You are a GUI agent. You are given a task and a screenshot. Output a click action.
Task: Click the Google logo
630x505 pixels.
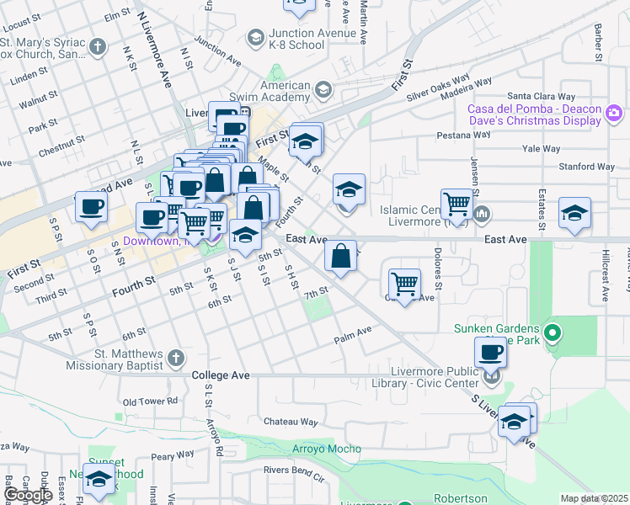tap(27, 496)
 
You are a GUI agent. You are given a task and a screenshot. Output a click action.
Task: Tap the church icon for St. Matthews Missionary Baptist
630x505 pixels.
tap(176, 359)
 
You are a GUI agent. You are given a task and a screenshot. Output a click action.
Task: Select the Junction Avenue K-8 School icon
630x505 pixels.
tap(254, 38)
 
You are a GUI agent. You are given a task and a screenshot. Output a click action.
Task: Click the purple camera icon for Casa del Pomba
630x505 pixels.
tap(613, 113)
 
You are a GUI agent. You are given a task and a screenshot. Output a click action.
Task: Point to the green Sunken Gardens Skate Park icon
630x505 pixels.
tap(553, 334)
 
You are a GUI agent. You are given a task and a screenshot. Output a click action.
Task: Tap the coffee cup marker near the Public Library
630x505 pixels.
tap(490, 353)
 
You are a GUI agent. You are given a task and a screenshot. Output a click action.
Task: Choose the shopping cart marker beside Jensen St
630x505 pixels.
tap(456, 203)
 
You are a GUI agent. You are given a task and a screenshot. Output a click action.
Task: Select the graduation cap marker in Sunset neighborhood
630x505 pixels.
tap(99, 480)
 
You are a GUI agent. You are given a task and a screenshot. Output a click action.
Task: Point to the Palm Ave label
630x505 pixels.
tap(352, 334)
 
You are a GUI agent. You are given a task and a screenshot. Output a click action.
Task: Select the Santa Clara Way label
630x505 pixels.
tap(540, 97)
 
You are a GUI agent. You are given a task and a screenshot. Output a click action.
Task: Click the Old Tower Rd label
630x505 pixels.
tap(150, 401)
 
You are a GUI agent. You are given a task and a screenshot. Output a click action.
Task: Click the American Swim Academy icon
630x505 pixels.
tap(322, 90)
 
